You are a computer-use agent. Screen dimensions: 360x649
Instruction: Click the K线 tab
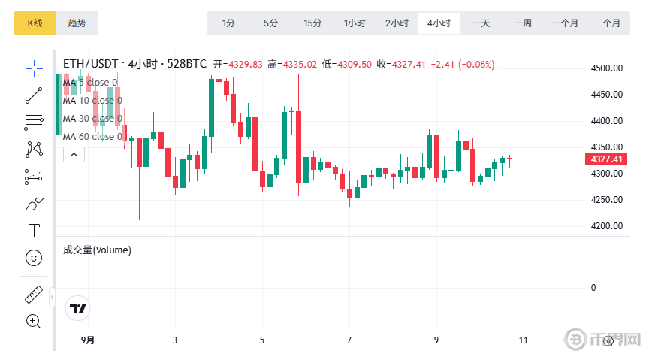tap(35, 23)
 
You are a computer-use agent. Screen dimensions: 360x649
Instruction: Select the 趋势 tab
tap(77, 23)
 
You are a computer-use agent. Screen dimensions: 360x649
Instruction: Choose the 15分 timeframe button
tap(312, 23)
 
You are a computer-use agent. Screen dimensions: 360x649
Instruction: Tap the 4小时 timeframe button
tap(439, 23)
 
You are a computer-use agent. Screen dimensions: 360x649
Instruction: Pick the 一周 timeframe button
tap(523, 23)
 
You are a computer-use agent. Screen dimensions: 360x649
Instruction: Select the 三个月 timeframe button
tap(607, 23)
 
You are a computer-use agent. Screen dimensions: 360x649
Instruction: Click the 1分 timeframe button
tap(228, 23)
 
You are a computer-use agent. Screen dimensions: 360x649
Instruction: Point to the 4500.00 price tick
tap(607, 68)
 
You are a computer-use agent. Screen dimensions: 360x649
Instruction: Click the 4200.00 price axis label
tap(607, 226)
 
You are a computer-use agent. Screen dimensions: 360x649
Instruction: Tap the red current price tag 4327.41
tap(607, 159)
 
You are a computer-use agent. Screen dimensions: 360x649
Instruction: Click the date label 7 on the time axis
tap(349, 340)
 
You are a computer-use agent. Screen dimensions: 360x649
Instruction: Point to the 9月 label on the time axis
tap(88, 340)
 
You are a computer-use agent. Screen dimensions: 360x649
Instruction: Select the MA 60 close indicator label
tap(92, 137)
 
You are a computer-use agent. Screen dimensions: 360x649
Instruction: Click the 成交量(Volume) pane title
tap(97, 250)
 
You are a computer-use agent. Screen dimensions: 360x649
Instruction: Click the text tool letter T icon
tap(34, 230)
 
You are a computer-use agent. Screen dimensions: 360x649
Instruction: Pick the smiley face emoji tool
tap(34, 258)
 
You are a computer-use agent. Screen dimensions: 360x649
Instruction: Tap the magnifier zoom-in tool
tap(33, 321)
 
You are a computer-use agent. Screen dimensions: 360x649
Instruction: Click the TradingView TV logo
tap(77, 307)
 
